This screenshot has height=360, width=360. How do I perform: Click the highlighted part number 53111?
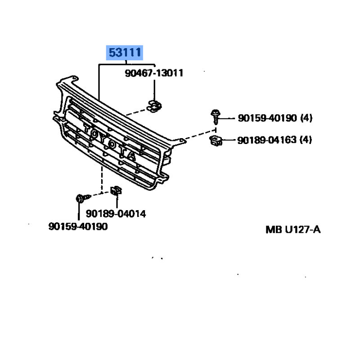point(125,53)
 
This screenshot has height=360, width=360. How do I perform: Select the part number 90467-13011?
point(154,73)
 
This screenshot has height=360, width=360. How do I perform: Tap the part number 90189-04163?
point(267,140)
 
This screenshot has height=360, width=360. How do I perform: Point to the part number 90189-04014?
point(116,214)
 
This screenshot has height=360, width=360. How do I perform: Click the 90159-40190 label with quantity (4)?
point(275,118)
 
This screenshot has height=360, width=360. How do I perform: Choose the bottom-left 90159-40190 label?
point(78,226)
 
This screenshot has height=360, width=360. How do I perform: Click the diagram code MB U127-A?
point(293,229)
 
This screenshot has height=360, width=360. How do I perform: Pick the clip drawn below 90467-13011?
point(154,106)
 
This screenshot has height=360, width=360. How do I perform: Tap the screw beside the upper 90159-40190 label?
point(216,117)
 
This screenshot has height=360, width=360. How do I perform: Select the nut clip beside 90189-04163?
point(216,140)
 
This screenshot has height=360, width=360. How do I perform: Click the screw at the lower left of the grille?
point(83,198)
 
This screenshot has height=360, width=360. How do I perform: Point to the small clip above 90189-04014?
point(116,190)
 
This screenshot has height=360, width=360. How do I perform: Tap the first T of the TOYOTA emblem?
point(87,128)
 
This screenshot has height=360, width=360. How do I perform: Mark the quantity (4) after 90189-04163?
point(306,140)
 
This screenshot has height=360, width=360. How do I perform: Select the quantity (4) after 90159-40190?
point(306,118)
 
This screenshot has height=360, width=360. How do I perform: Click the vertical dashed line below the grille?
point(102,180)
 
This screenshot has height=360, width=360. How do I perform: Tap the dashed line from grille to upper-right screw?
point(200,135)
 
